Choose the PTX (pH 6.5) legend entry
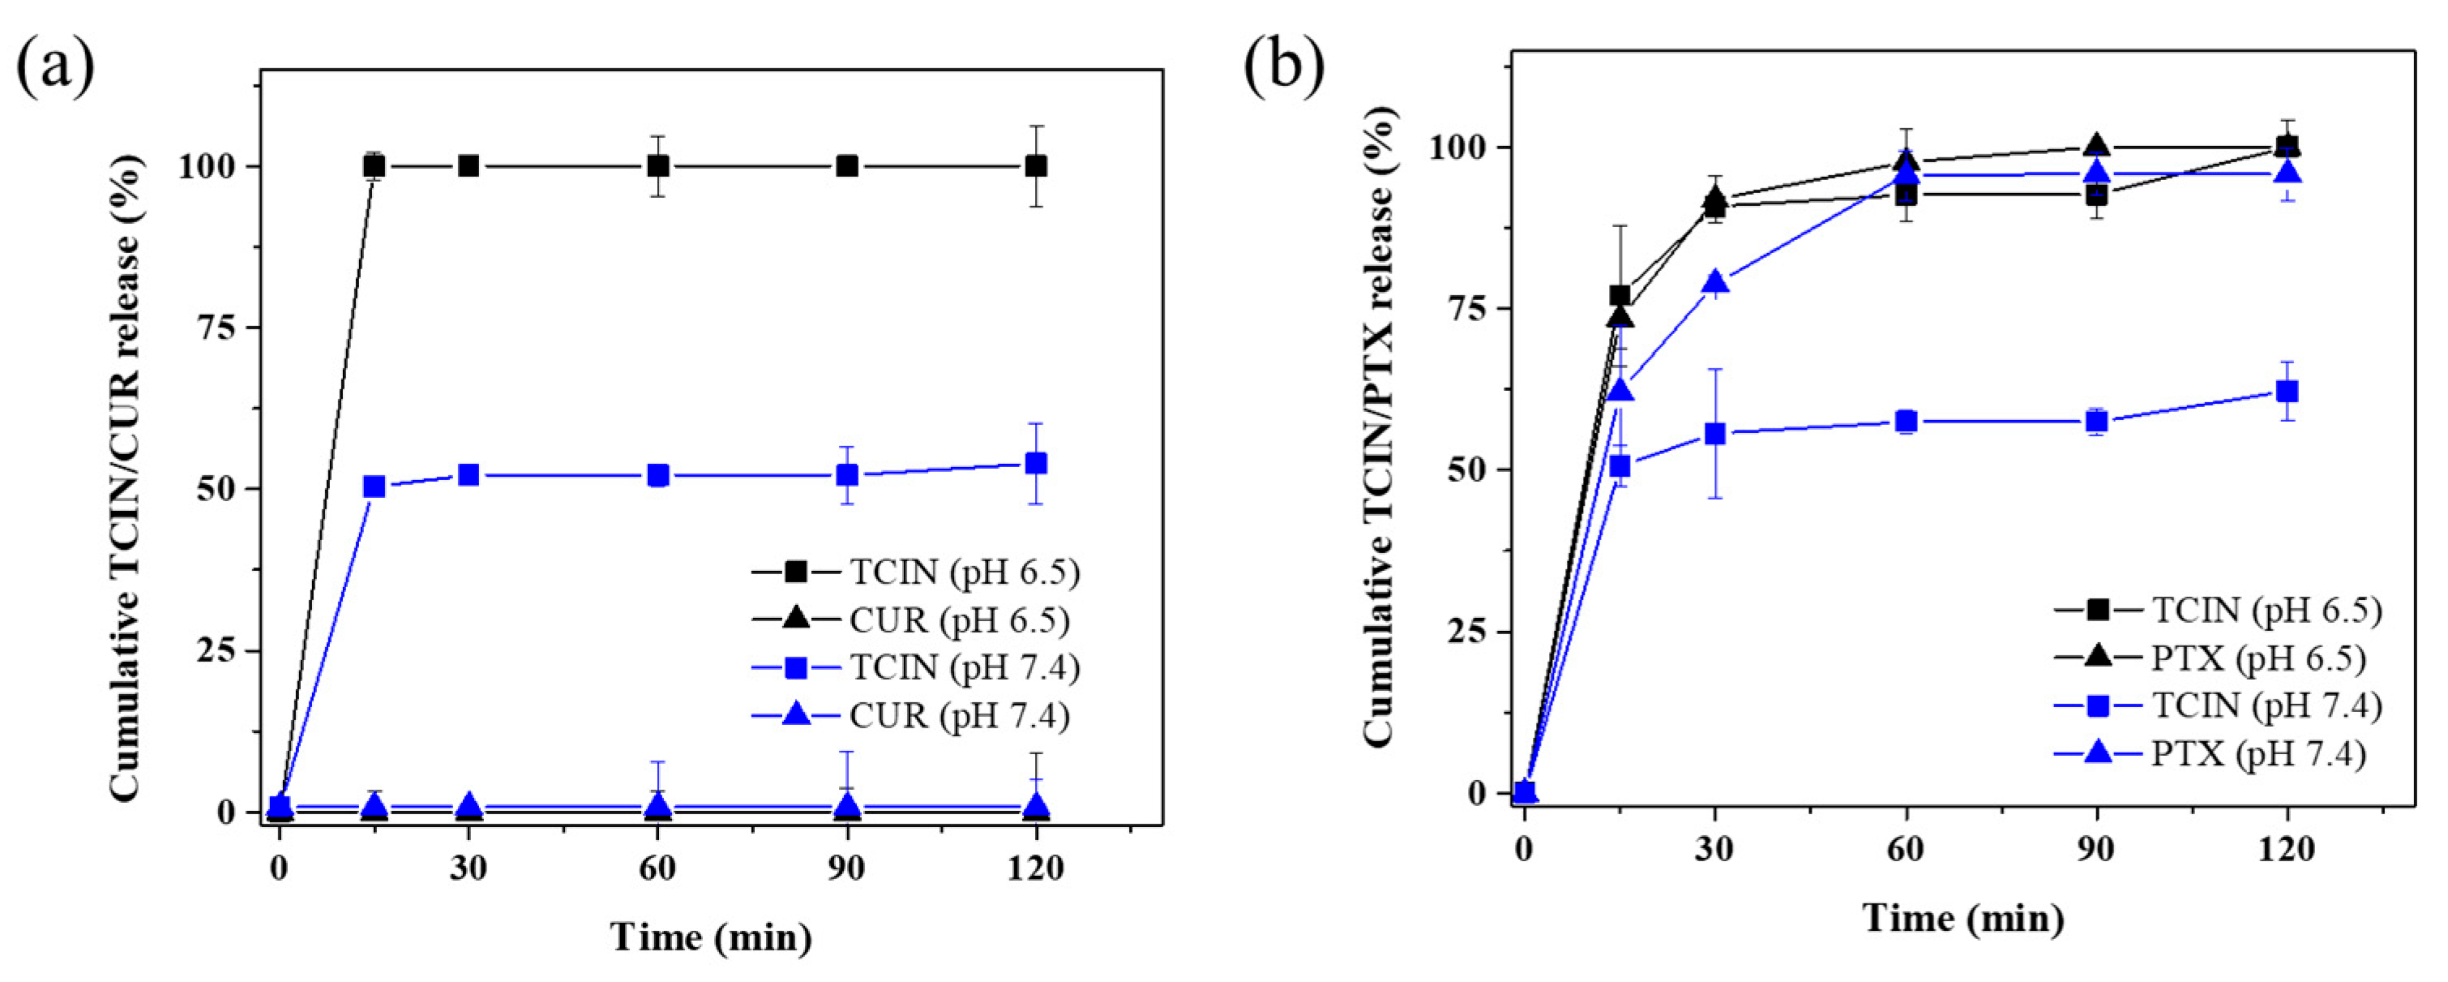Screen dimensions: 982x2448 [2257, 658]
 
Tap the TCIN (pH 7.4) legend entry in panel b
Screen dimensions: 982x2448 [2266, 705]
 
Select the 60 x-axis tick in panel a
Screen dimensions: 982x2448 [657, 867]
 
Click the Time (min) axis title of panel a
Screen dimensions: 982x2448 [711, 937]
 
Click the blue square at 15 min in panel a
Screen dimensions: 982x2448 [374, 487]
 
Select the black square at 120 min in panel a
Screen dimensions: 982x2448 [1036, 166]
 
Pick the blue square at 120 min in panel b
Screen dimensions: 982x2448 [2287, 391]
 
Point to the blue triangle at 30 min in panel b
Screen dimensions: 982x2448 [1715, 282]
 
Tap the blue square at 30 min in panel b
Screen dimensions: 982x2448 [1715, 434]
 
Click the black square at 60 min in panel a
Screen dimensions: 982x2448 [657, 166]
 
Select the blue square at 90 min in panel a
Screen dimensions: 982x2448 [847, 474]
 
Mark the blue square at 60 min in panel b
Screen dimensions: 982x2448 [1907, 421]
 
